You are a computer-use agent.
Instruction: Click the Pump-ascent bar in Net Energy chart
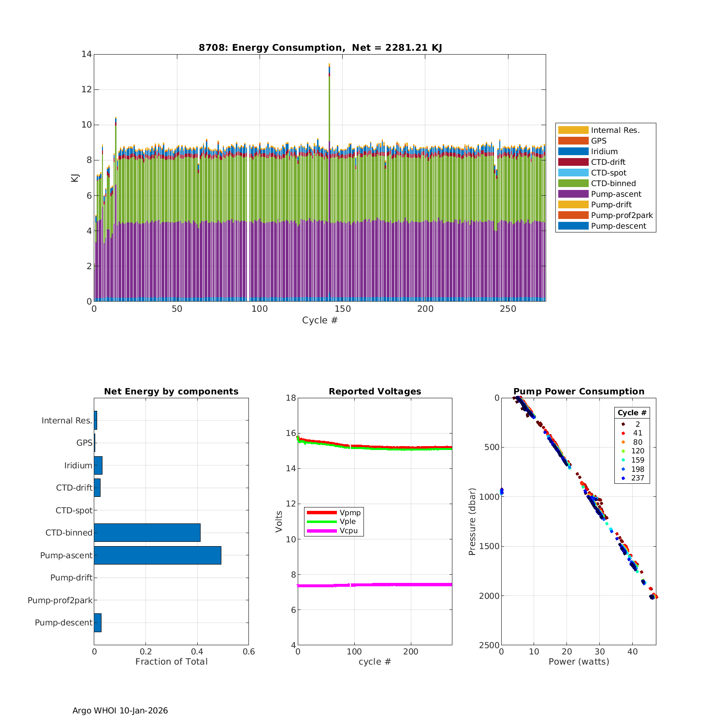[x=158, y=555]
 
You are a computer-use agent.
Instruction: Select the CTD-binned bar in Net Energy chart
[x=147, y=533]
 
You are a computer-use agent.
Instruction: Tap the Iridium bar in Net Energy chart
[x=98, y=465]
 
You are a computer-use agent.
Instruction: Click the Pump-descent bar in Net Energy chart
[x=98, y=623]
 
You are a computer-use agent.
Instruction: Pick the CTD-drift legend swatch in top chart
[x=573, y=162]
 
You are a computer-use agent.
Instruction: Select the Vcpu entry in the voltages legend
[x=350, y=531]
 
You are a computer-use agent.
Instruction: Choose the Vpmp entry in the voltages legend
[x=350, y=512]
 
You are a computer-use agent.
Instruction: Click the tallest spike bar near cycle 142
[x=329, y=145]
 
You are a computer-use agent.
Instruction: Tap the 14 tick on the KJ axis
[x=87, y=54]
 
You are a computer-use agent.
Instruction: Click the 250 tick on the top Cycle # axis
[x=508, y=309]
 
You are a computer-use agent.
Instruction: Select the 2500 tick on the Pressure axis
[x=490, y=645]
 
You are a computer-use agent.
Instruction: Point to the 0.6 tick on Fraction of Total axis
[x=248, y=652]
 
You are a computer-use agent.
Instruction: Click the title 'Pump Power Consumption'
[x=579, y=391]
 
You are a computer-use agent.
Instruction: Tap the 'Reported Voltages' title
[x=375, y=391]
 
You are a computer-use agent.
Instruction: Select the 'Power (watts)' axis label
[x=579, y=662]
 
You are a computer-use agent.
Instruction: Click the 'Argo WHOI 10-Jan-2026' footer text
[x=120, y=710]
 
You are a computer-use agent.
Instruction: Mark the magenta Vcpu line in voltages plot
[x=375, y=585]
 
